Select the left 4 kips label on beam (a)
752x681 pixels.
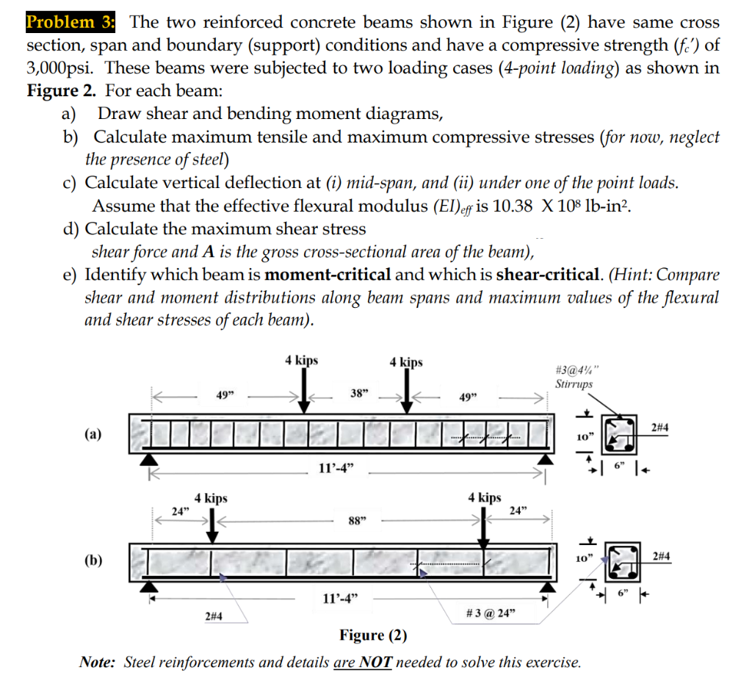pyautogui.click(x=302, y=360)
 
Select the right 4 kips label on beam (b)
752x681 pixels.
pyautogui.click(x=485, y=497)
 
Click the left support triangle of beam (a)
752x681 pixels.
pyautogui.click(x=151, y=458)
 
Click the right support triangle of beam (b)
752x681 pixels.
pyautogui.click(x=546, y=585)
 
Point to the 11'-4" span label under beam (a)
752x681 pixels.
pyautogui.click(x=339, y=469)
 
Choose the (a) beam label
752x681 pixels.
pyautogui.click(x=93, y=433)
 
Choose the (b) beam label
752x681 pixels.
pyautogui.click(x=93, y=561)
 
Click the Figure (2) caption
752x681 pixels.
pyautogui.click(x=373, y=635)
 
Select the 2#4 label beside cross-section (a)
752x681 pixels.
pyautogui.click(x=659, y=427)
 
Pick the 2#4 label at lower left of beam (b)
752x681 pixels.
pyautogui.click(x=214, y=616)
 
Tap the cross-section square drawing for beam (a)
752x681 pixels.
pyautogui.click(x=619, y=433)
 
